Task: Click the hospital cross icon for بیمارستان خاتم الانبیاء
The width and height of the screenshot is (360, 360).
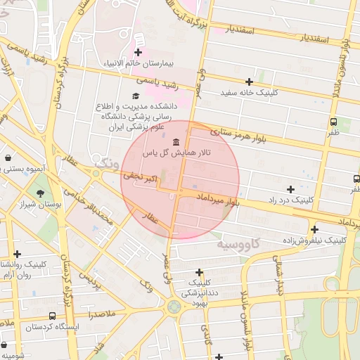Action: click(139, 52)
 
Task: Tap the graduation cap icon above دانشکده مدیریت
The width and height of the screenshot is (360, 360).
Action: click(135, 96)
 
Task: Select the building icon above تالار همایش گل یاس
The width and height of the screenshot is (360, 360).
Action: click(175, 143)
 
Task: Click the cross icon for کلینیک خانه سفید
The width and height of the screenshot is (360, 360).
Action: click(249, 82)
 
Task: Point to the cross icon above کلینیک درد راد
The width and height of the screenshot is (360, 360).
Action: click(290, 189)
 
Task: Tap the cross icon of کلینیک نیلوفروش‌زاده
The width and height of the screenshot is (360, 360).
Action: click(315, 229)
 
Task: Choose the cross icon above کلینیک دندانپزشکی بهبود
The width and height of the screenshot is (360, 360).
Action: click(199, 272)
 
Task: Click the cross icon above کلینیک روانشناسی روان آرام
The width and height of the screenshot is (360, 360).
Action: click(18, 254)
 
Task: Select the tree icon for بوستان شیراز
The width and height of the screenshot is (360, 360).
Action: click(40, 193)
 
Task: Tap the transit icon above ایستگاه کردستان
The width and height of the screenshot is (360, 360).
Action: click(52, 316)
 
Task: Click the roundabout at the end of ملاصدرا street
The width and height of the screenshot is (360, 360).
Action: click(173, 307)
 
